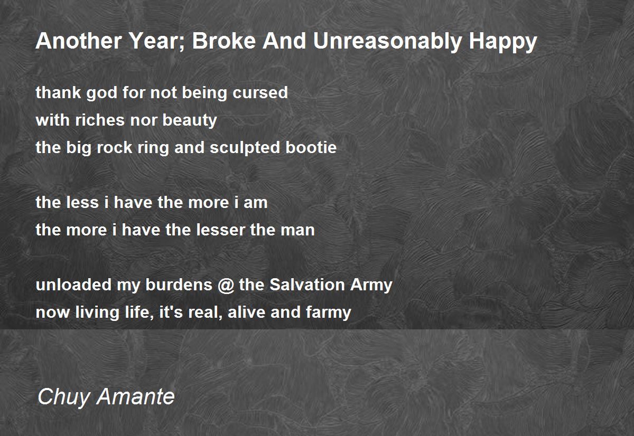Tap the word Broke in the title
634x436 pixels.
224,41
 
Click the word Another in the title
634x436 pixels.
79,41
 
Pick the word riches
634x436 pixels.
100,120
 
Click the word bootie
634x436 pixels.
311,148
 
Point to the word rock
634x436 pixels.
114,148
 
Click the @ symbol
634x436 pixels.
226,286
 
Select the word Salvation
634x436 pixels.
307,285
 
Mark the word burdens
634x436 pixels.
179,285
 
